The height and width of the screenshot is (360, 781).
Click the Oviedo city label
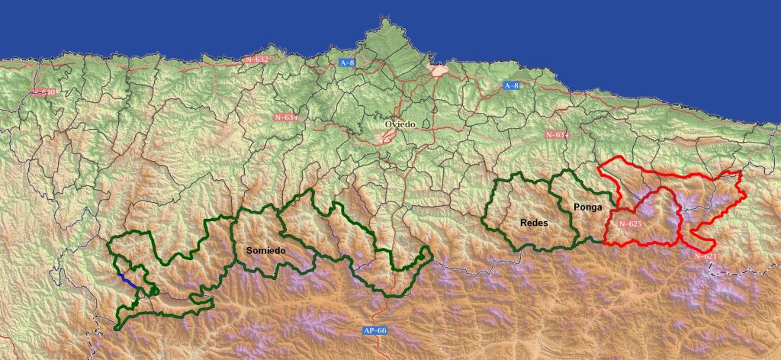[x=399, y=124]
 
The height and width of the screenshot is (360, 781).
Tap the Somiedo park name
[x=266, y=250]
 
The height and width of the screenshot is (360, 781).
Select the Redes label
[x=533, y=223]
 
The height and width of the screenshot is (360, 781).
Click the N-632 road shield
[x=257, y=58]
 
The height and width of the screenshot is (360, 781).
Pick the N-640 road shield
[x=44, y=92]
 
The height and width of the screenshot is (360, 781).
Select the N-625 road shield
[x=630, y=224]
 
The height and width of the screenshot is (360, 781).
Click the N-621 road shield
[x=705, y=257]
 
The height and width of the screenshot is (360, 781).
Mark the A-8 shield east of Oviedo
[x=511, y=86]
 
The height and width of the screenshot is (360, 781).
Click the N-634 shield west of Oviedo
[x=285, y=117]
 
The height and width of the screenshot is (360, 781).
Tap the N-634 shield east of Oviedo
[x=558, y=134]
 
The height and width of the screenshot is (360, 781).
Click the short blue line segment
[x=127, y=279]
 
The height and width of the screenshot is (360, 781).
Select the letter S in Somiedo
[x=249, y=250]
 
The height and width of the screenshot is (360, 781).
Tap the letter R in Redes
[x=522, y=223]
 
